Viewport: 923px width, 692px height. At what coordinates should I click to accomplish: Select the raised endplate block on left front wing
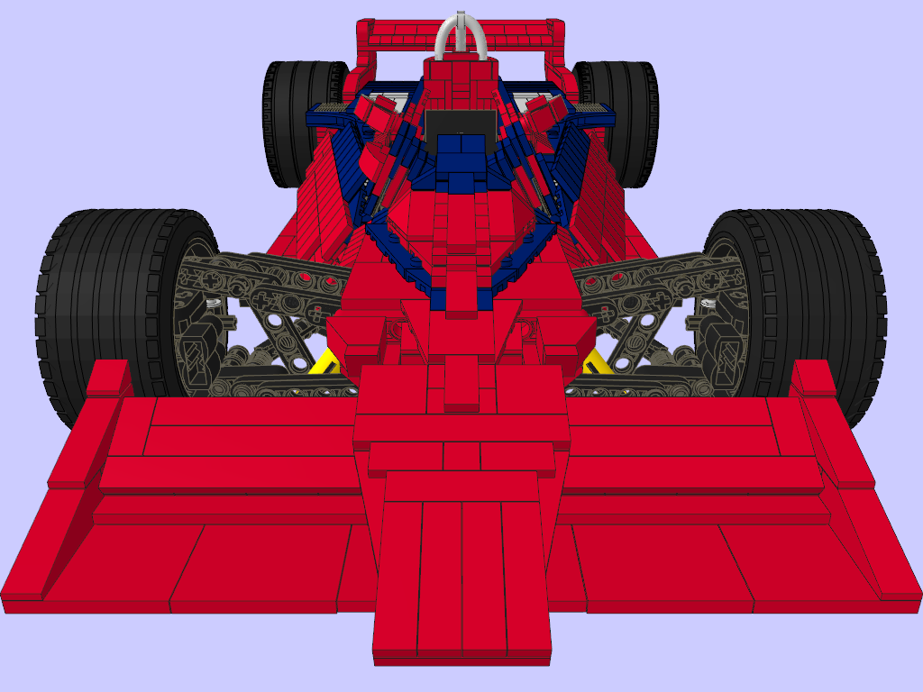(109, 378)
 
